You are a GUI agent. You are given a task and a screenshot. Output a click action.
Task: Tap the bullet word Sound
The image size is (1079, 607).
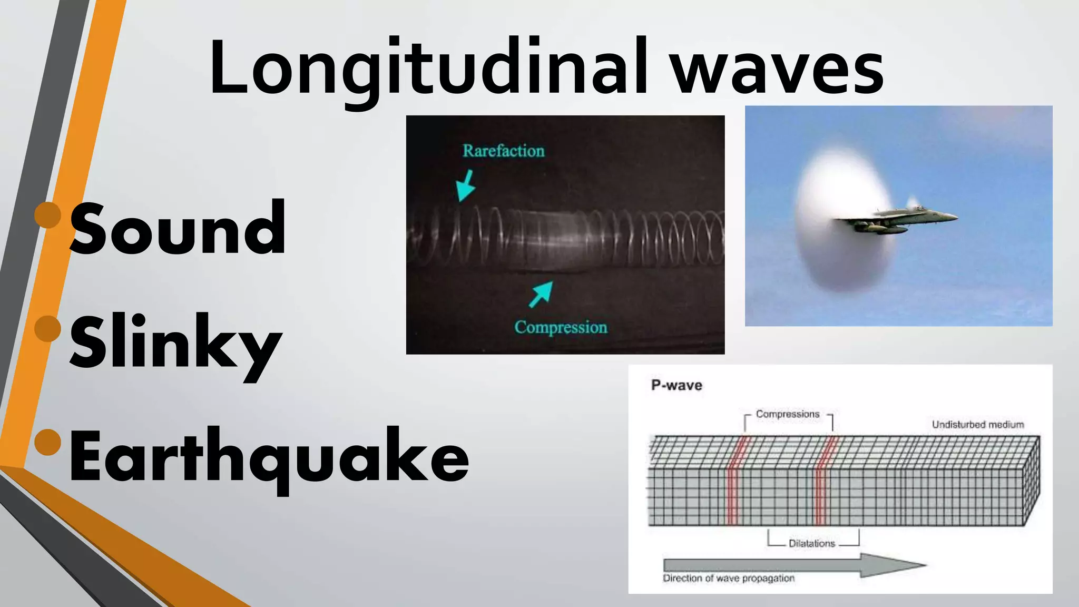pos(178,229)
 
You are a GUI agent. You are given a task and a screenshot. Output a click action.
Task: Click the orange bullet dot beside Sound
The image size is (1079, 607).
pos(48,216)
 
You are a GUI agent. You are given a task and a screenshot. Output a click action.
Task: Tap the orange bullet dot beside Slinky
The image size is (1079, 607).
pos(48,329)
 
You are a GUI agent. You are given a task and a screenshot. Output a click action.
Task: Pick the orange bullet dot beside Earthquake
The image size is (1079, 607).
pos(48,442)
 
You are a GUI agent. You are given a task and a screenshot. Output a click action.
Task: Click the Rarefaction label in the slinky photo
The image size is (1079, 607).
pos(503,151)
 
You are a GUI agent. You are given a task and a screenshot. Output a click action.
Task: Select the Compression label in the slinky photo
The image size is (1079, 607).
pos(561,327)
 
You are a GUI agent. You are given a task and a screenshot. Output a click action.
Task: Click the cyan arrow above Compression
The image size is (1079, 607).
pos(541,294)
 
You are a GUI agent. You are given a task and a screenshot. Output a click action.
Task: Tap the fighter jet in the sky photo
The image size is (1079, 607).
pos(896,219)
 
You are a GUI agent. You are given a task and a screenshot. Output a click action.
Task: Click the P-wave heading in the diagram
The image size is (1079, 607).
pos(676,385)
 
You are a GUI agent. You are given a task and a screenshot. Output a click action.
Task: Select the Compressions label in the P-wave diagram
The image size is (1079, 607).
pos(788,414)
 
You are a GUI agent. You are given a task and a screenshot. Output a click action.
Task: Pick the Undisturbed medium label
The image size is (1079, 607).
pos(978,425)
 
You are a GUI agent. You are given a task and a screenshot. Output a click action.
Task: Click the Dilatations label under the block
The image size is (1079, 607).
pos(812,543)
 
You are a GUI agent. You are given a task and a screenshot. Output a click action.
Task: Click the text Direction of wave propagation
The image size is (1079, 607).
pos(729,579)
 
